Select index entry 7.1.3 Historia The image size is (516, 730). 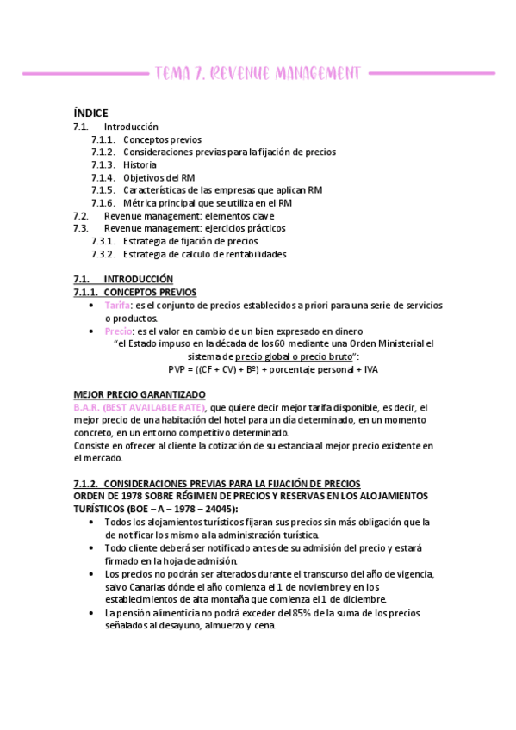pyautogui.click(x=140, y=164)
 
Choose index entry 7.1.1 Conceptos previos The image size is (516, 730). pyautogui.click(x=162, y=139)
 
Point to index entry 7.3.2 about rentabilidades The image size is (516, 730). pyautogui.click(x=204, y=254)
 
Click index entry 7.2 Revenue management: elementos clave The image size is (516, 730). pyautogui.click(x=189, y=215)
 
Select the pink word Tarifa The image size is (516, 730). pyautogui.click(x=117, y=306)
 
